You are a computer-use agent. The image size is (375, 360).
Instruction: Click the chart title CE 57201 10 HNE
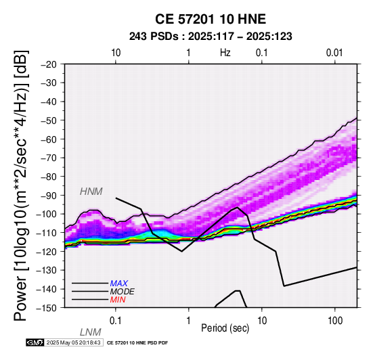[x=211, y=19]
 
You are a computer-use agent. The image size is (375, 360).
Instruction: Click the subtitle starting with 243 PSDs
[x=211, y=37]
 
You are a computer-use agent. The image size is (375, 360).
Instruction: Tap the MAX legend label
[x=119, y=284]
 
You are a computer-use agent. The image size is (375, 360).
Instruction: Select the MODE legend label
[x=123, y=292]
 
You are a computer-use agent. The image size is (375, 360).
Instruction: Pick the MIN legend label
[x=118, y=300]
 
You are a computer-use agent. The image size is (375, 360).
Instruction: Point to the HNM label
[x=91, y=192]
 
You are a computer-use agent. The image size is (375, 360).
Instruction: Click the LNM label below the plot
[x=91, y=332]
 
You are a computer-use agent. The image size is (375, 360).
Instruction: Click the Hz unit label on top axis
[x=225, y=53]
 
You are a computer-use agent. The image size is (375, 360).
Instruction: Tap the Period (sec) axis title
[x=225, y=328]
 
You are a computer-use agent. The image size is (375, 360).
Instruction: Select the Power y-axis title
[x=21, y=185]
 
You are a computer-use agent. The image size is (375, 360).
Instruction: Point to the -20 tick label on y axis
[x=49, y=64]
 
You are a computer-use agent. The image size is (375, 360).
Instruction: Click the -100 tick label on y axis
[x=46, y=214]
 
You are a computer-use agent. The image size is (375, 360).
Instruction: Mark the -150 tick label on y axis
[x=46, y=308]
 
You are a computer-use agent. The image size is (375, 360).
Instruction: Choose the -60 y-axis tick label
[x=49, y=139]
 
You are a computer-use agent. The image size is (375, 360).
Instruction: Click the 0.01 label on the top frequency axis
[x=334, y=53]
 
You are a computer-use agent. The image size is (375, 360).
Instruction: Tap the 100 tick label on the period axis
[x=335, y=321]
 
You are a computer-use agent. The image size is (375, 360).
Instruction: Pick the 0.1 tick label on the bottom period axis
[x=116, y=321]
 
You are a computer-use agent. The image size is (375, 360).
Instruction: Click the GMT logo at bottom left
[x=35, y=342]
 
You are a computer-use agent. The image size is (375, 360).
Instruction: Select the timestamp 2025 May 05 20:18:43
[x=73, y=342]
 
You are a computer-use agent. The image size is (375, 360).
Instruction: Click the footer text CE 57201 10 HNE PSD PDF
[x=137, y=343]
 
